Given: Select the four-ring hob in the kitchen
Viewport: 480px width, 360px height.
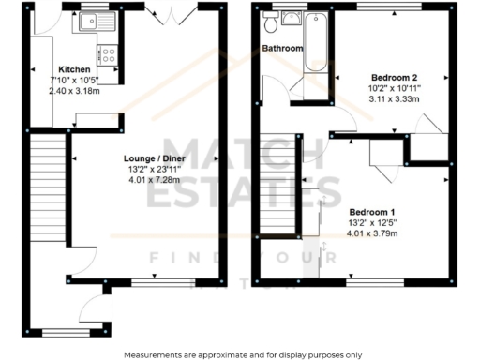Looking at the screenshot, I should click(109, 53).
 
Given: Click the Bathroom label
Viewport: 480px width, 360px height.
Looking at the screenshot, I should click(282, 47).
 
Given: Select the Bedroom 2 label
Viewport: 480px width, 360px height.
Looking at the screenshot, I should click(394, 77).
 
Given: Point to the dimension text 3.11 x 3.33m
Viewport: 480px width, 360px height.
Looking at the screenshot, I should click(394, 97).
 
